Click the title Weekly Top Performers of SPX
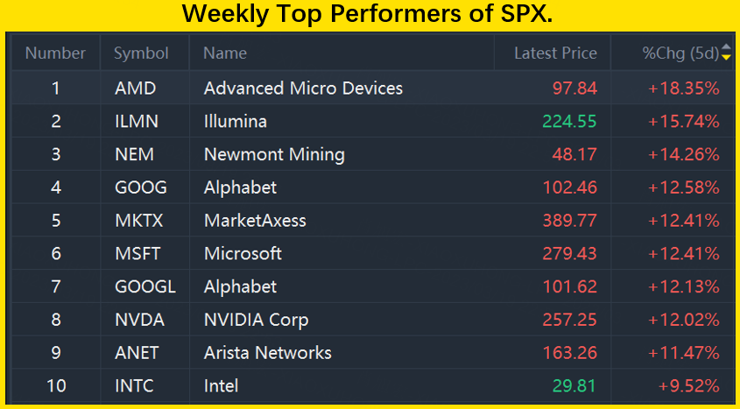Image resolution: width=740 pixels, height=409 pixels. click(370, 15)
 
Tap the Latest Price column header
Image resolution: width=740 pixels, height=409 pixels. click(555, 53)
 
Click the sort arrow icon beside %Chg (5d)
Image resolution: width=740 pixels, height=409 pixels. click(725, 53)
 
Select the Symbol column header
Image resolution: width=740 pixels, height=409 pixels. click(141, 53)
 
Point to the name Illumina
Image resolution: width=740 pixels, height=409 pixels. click(235, 122)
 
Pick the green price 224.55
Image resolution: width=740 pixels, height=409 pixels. click(569, 122)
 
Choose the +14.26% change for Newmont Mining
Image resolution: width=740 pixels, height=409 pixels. click(684, 155)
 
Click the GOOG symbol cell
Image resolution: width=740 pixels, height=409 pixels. click(140, 187)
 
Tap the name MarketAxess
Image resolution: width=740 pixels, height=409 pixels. click(255, 221)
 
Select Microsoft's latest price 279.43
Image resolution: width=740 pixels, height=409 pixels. click(569, 254)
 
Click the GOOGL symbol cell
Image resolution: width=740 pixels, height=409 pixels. click(144, 287)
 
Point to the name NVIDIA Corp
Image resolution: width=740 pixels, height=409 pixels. click(256, 320)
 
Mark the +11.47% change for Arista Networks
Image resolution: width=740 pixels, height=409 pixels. click(684, 353)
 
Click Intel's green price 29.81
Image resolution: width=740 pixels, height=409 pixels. click(574, 386)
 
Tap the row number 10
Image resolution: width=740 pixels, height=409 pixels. click(56, 386)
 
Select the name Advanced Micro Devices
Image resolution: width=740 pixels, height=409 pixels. click(303, 88)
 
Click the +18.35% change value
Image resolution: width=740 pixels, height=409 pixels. click(684, 88)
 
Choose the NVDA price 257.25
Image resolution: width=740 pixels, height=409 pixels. click(569, 320)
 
